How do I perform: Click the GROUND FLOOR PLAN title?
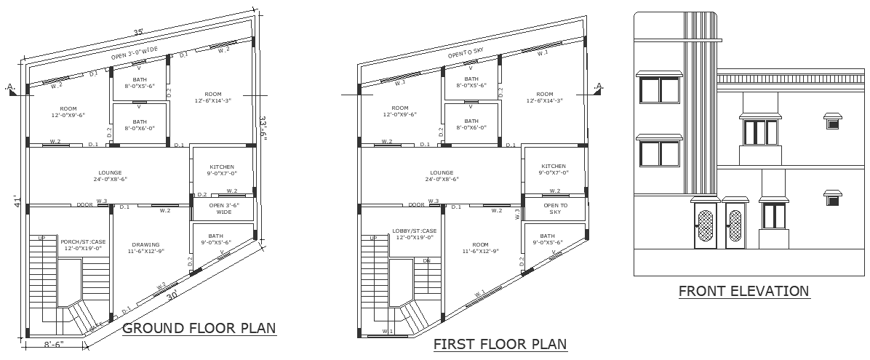(x=199, y=329)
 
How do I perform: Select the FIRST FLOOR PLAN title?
(x=500, y=344)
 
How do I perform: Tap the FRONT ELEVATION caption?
(x=743, y=292)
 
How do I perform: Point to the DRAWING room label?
(x=145, y=245)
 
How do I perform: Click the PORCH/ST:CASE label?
(x=82, y=242)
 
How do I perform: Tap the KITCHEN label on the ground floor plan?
(x=221, y=167)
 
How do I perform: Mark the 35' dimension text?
(x=137, y=32)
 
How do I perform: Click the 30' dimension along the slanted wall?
(x=172, y=295)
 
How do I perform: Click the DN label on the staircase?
(x=427, y=260)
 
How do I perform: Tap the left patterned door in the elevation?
(x=705, y=228)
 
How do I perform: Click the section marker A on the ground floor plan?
(x=10, y=87)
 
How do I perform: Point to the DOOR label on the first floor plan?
(x=416, y=205)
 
